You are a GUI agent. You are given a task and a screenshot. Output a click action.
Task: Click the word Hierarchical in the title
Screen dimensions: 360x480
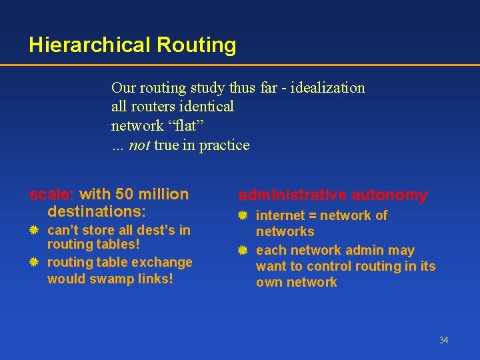pyautogui.click(x=90, y=45)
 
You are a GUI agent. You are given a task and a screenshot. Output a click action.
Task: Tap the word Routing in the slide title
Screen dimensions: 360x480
pyautogui.click(x=196, y=45)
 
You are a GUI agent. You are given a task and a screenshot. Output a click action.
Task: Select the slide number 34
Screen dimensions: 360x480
pyautogui.click(x=444, y=341)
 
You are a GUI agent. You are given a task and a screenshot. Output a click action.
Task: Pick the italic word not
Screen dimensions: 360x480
pyautogui.click(x=139, y=145)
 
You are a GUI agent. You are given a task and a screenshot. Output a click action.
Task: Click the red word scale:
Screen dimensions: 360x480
pyautogui.click(x=52, y=195)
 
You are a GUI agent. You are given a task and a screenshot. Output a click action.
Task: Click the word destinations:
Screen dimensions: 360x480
pyautogui.click(x=97, y=212)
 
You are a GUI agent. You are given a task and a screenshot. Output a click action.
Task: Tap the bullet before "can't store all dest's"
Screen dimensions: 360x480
pyautogui.click(x=34, y=231)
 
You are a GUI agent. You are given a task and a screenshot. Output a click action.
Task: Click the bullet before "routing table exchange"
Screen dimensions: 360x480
pyautogui.click(x=34, y=263)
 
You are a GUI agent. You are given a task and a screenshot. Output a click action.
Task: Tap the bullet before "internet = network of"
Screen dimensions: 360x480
pyautogui.click(x=244, y=216)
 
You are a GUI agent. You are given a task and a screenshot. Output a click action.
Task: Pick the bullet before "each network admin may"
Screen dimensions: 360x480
pyautogui.click(x=244, y=251)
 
